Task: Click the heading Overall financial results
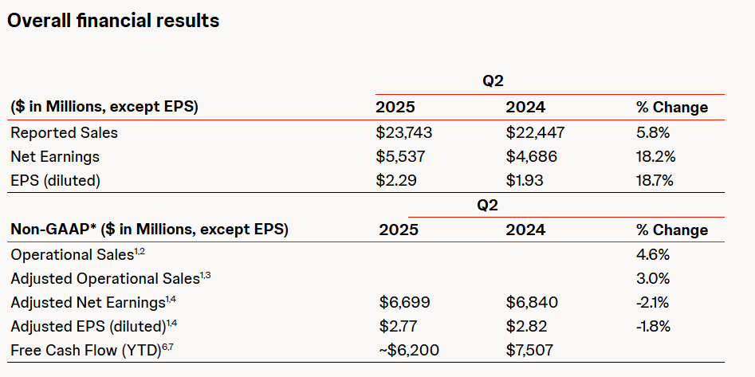(112, 22)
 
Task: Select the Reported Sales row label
(65, 132)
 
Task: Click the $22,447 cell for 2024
(535, 132)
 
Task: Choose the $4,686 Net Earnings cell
(532, 156)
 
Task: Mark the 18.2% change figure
(655, 156)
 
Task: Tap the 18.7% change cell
(655, 180)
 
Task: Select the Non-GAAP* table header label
(149, 230)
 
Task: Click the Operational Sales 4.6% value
(652, 255)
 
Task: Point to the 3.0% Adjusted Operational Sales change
(652, 279)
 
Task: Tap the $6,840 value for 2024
(533, 302)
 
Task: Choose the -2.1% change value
(653, 302)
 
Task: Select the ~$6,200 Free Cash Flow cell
(409, 350)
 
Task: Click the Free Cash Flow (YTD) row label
(87, 350)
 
